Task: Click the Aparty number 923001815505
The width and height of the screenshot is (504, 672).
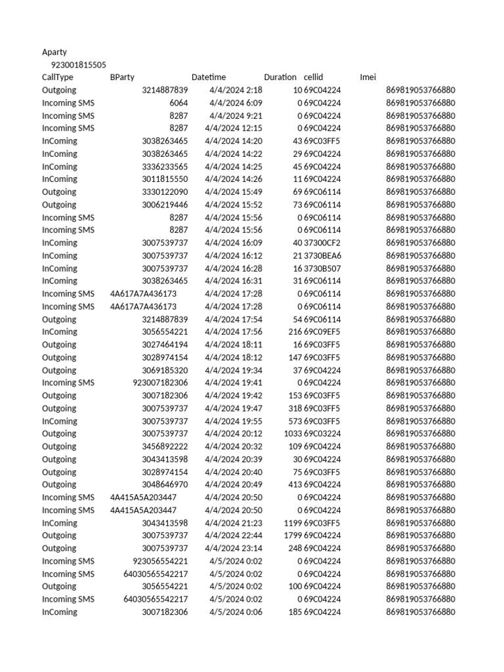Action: (x=78, y=64)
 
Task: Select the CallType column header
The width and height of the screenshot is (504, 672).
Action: (x=58, y=77)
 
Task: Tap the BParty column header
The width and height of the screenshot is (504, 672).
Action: (x=122, y=77)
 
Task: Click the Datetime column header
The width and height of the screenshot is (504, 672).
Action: (x=209, y=77)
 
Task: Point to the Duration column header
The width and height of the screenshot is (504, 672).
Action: (x=280, y=77)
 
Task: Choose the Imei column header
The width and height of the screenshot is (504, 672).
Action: (x=368, y=77)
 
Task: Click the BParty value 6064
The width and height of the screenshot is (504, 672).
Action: (x=178, y=103)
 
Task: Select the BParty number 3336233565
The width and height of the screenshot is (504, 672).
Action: (x=165, y=167)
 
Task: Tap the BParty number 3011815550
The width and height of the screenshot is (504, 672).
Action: (x=165, y=179)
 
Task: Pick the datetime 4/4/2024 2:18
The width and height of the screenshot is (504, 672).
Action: (x=236, y=90)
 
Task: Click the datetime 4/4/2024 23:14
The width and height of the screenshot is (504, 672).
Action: (x=234, y=549)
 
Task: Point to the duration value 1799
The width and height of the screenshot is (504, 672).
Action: (x=293, y=535)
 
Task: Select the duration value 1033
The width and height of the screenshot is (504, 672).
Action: (x=293, y=434)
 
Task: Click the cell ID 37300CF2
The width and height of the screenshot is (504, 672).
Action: (x=322, y=243)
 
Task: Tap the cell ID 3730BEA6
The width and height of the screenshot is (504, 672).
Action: (x=322, y=255)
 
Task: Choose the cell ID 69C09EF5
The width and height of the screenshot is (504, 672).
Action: (x=322, y=332)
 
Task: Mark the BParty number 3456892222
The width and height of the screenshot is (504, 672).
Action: (x=165, y=447)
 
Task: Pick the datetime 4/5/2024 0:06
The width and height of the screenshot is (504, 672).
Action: (x=236, y=612)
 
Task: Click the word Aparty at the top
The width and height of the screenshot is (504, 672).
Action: (x=54, y=52)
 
